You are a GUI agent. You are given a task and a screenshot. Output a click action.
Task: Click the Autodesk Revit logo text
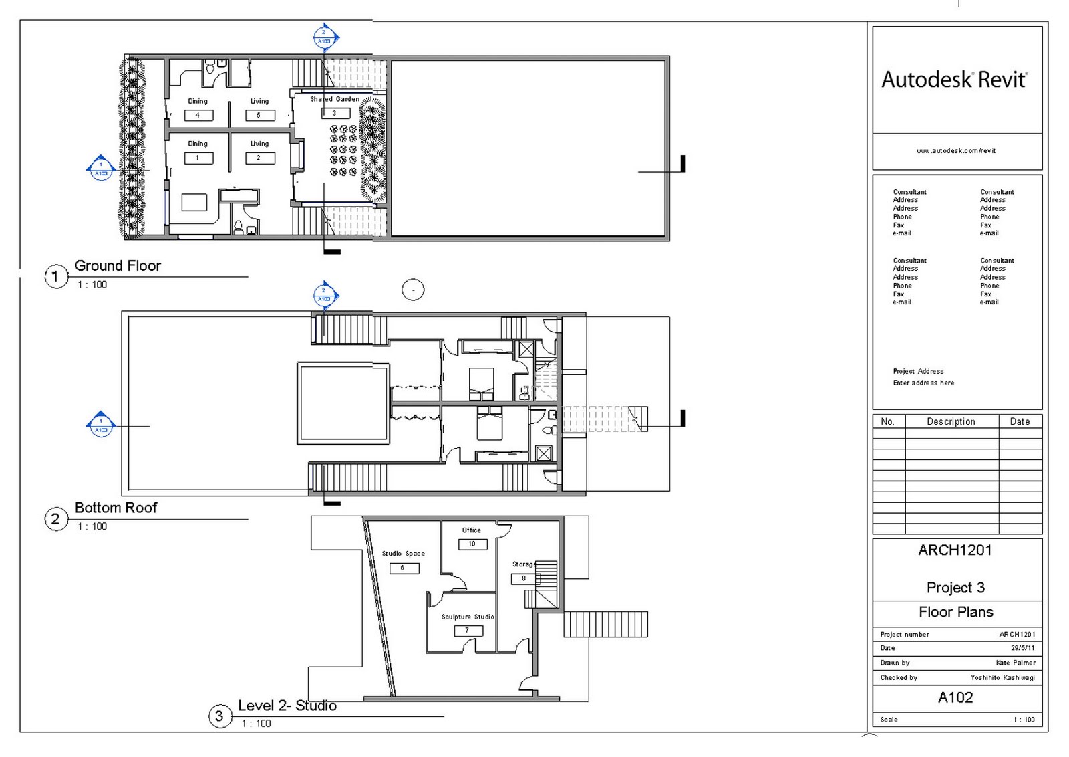point(953,80)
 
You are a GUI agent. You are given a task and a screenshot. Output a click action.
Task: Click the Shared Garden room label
point(334,99)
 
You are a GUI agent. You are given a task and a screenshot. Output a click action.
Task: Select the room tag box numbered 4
point(198,115)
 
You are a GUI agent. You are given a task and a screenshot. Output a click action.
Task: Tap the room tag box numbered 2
point(259,158)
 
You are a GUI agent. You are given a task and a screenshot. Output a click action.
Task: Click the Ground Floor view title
point(118,265)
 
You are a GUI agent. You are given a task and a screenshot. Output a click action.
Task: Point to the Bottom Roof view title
point(116,508)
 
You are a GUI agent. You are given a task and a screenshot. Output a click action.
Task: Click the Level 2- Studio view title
point(287,706)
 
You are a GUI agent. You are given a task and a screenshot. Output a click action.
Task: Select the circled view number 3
point(219,716)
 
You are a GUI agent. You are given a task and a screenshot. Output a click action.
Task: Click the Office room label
point(471,530)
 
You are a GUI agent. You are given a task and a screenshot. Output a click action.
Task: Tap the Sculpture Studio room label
point(468,617)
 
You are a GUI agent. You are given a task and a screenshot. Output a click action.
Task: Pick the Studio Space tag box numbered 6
point(404,568)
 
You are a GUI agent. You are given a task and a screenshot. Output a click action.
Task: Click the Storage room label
point(524,564)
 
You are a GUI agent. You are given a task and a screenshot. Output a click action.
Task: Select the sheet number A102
point(955,697)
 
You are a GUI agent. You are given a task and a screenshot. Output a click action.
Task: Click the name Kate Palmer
point(1015,663)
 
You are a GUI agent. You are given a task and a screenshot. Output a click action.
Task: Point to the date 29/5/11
point(1022,648)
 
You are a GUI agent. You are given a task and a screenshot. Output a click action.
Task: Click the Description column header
point(951,421)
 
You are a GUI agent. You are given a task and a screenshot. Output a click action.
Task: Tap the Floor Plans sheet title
point(955,612)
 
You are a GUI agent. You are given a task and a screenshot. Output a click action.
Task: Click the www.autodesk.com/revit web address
point(955,151)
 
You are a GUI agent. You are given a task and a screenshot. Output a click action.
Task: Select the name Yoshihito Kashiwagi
point(1002,677)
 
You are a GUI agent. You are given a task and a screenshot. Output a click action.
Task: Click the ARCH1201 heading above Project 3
point(955,550)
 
